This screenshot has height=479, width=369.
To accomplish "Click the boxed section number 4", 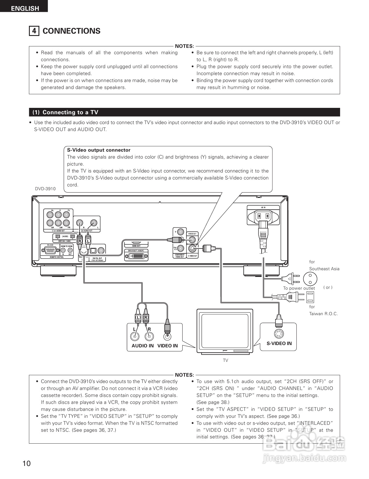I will point(34,31).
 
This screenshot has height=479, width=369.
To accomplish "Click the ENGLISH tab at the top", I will point(25,8).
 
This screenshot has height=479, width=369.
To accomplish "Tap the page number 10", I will point(26,463).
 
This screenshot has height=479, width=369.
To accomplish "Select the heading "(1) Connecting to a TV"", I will point(65,113).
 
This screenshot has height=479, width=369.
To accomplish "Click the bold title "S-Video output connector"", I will point(99,150).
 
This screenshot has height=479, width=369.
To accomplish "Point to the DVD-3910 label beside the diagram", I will point(45,189).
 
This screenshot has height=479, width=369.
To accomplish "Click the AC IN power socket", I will point(263,216).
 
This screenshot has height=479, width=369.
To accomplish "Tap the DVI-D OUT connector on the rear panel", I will point(136,256).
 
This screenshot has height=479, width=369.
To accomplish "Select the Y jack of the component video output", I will point(181,232).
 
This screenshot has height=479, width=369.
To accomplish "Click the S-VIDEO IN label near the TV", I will point(279,344).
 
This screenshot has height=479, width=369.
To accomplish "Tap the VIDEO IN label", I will point(168,346).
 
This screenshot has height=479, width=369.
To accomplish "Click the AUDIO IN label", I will point(143,346).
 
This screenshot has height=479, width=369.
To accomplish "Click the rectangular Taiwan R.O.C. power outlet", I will point(310,297).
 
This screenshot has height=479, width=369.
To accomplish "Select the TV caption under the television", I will point(225,360).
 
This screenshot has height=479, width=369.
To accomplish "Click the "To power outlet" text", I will point(299,288).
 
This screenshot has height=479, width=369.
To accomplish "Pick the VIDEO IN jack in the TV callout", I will point(167,337).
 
